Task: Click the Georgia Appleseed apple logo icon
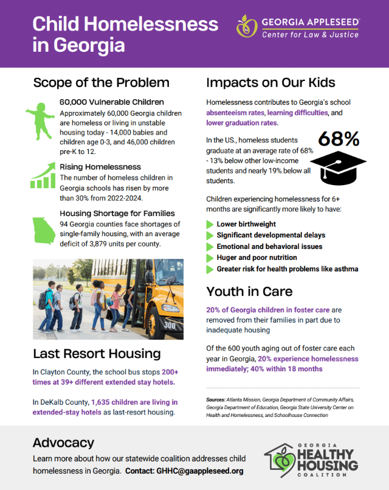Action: pyautogui.click(x=247, y=27)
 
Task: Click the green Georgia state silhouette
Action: pyautogui.click(x=43, y=233)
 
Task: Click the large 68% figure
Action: pyautogui.click(x=339, y=139)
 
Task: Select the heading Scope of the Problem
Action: pyautogui.click(x=101, y=82)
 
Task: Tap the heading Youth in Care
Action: pyautogui.click(x=249, y=291)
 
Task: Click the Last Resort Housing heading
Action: pyautogui.click(x=97, y=354)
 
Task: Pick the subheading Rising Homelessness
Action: pyautogui.click(x=100, y=167)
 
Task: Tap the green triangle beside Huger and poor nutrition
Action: pyautogui.click(x=210, y=257)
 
